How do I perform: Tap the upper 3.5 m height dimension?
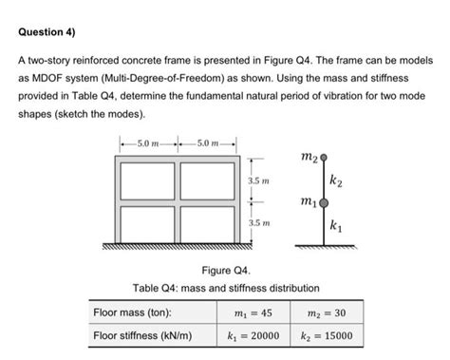pos(259,179)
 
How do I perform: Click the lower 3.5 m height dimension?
pos(259,222)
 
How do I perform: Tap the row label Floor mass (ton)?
pos(132,312)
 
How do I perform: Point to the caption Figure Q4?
pos(225,270)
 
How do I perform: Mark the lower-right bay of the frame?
pos(206,220)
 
